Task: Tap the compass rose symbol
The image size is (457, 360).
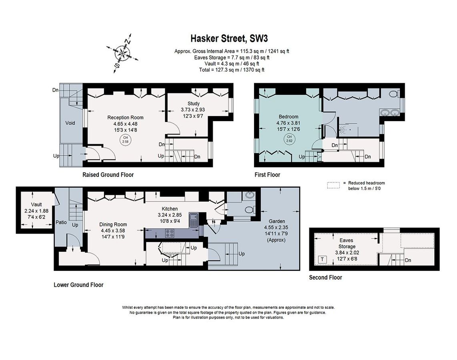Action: (122, 53)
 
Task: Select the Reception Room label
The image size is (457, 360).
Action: (125, 118)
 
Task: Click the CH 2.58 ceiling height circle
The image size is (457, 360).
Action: (125, 140)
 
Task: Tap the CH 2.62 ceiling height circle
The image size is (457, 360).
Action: (289, 139)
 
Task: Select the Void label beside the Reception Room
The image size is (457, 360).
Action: (70, 123)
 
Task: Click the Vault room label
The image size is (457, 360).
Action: (36, 204)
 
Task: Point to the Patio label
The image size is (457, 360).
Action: (61, 222)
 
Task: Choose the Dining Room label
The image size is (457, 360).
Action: (113, 224)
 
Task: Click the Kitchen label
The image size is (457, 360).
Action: (169, 209)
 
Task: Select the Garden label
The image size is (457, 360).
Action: (277, 221)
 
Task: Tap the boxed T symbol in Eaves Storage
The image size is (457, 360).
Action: (322, 260)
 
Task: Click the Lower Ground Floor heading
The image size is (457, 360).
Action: (78, 285)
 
